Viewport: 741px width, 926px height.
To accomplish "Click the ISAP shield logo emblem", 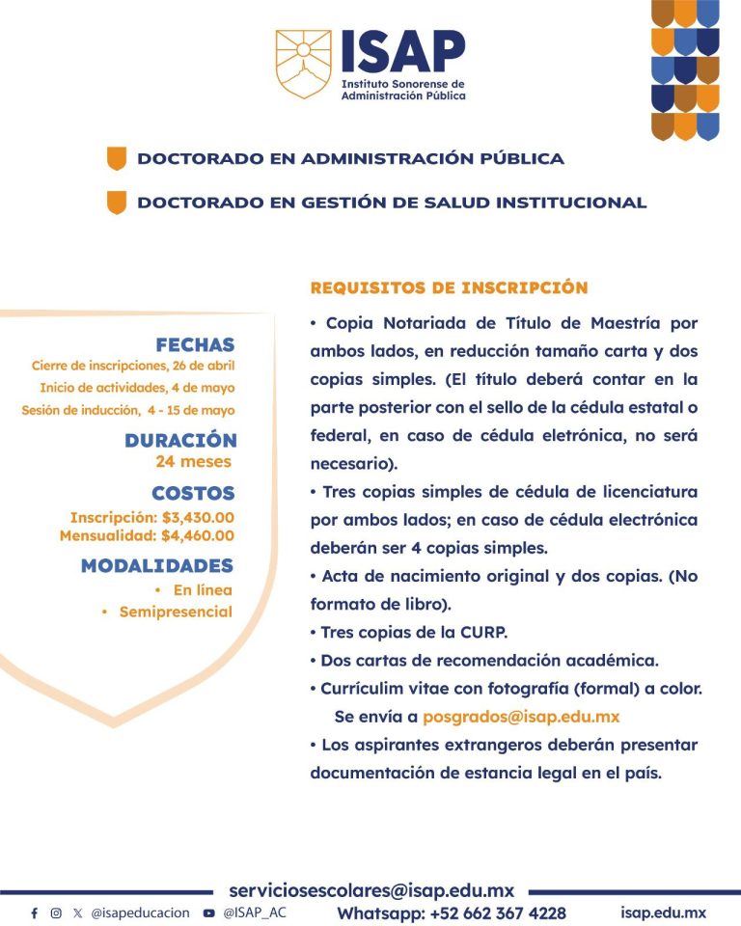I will tap(304, 64).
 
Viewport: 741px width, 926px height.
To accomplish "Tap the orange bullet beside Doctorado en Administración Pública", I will tap(117, 158).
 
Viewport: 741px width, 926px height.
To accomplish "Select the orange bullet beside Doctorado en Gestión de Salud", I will tap(117, 203).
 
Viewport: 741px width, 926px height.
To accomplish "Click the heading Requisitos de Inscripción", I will tap(449, 287).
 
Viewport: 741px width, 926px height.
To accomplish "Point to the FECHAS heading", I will tap(195, 344).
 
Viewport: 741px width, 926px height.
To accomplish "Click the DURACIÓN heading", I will tap(180, 440).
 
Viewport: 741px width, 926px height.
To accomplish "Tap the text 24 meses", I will tap(193, 461).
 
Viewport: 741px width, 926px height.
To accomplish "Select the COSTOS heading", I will tap(193, 493).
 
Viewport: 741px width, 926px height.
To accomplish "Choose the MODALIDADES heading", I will tap(157, 565).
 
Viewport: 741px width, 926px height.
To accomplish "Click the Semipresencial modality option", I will tap(176, 612).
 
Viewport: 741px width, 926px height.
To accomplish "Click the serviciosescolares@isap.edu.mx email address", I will tap(371, 890).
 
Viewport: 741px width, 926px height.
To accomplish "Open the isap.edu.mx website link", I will tap(664, 912).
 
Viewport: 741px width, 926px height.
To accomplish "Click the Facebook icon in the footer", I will tap(35, 912).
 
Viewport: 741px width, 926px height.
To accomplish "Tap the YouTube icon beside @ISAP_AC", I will tap(209, 912).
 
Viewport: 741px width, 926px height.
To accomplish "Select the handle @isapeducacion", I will tap(140, 912).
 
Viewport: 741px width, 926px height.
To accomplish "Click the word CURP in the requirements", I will tap(483, 633).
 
